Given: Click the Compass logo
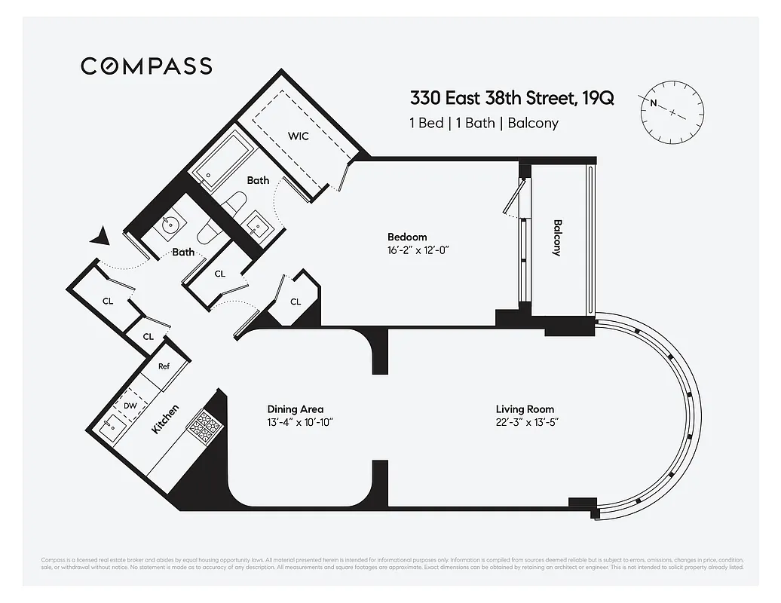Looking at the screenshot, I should point(146,66).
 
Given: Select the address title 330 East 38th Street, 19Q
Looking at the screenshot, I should point(511,98).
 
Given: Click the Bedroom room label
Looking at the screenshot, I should point(407,237).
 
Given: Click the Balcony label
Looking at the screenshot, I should point(558,238).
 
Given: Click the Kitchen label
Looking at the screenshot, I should point(166,419).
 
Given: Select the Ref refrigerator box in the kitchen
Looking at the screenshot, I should point(164,366).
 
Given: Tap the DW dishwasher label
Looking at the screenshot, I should point(130,406).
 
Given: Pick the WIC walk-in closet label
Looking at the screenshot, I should point(299,136).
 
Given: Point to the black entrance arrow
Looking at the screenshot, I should point(99,237).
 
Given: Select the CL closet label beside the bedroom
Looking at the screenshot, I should point(296,301).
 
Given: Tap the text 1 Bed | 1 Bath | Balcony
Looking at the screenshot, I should point(483,123).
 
